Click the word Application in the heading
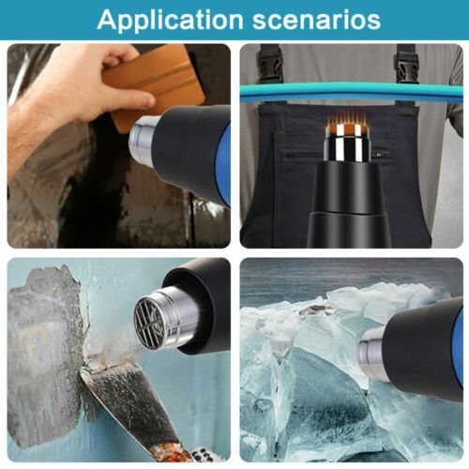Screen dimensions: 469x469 (x=171, y=20)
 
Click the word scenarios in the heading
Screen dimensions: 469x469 (x=316, y=20)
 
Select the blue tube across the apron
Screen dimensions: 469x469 (x=352, y=92)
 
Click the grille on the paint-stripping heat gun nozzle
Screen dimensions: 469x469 (x=149, y=323)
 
